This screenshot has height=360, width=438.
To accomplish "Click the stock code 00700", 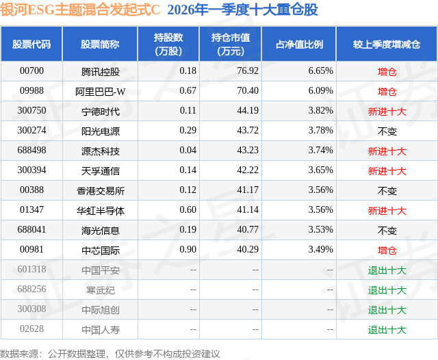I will pyautogui.click(x=31, y=70).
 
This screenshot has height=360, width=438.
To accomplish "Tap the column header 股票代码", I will pyautogui.click(x=31, y=44).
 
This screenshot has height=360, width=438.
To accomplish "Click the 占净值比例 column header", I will pyautogui.click(x=299, y=44).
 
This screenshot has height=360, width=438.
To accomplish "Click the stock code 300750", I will pyautogui.click(x=31, y=110).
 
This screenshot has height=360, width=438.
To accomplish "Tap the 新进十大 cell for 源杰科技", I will pyautogui.click(x=387, y=151).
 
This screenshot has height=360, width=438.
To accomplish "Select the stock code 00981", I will pyautogui.click(x=31, y=250).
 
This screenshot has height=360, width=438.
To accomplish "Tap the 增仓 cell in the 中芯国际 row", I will pyautogui.click(x=387, y=250).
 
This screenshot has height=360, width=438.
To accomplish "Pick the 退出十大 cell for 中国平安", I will pyautogui.click(x=387, y=270).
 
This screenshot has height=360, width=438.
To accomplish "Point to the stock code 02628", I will pyautogui.click(x=31, y=330).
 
